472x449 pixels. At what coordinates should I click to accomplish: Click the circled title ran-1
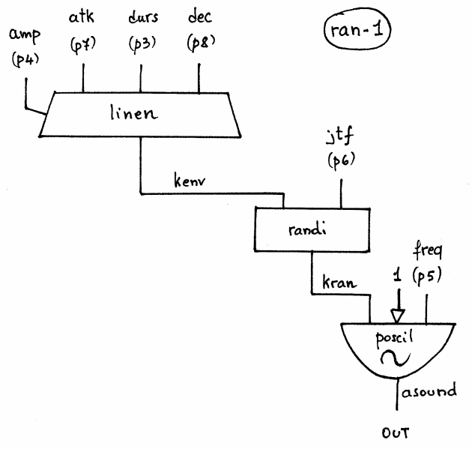coord(357,29)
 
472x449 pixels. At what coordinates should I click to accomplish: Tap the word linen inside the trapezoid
coord(133,112)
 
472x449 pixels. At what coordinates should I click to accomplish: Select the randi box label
coord(307,230)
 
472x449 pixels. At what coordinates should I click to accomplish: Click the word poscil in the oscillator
coord(394,339)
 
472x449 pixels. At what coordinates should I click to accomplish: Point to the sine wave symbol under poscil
coord(395,358)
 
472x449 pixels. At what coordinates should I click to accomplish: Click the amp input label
coord(25,35)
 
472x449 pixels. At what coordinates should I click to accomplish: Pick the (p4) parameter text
coord(25,60)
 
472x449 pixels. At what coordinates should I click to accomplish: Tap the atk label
coord(81,16)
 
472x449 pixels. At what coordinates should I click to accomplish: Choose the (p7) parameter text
coord(83,45)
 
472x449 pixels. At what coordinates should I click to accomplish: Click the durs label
coord(143,16)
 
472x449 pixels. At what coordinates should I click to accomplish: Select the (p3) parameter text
coord(142,44)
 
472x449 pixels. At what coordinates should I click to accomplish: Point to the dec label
coord(200,16)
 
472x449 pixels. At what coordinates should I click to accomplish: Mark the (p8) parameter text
coord(201,43)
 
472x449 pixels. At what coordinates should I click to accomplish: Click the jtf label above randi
coord(340,136)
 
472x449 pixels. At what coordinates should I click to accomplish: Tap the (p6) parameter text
coord(342,161)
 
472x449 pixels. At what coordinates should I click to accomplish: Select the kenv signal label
coord(190,180)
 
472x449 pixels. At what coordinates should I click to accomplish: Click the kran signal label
coord(339,283)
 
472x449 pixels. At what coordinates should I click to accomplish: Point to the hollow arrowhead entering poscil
coord(397,316)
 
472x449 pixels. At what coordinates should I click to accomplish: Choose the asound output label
coord(429,391)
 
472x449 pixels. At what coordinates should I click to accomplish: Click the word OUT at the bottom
coord(396,433)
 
